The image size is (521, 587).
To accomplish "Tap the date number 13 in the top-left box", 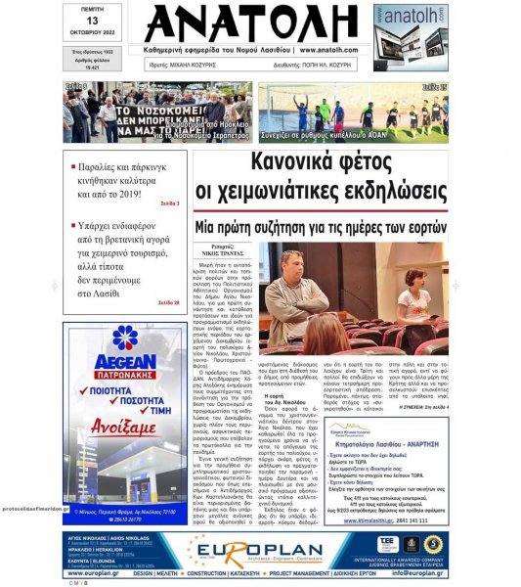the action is (93, 23).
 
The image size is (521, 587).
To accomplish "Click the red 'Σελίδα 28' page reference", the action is (168, 303).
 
